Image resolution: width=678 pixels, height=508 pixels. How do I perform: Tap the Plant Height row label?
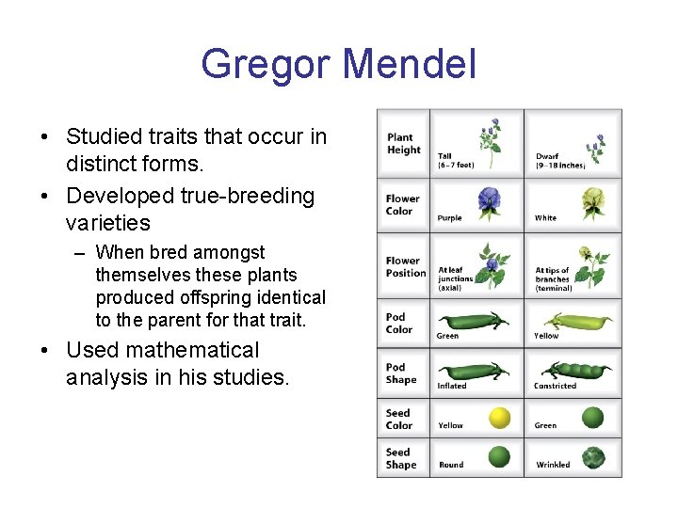pyautogui.click(x=404, y=144)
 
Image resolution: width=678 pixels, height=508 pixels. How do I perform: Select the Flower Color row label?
pyautogui.click(x=402, y=205)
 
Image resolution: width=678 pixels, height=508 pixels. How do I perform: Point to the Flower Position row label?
pyautogui.click(x=405, y=267)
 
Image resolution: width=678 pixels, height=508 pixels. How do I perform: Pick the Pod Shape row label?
pyautogui.click(x=400, y=373)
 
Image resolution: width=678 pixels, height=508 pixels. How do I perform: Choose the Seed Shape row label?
pyautogui.click(x=400, y=458)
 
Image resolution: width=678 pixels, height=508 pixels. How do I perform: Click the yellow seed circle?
pyautogui.click(x=500, y=418)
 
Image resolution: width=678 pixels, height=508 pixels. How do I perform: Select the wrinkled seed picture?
pyautogui.click(x=593, y=457)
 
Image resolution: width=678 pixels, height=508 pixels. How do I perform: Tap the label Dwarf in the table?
pyautogui.click(x=548, y=157)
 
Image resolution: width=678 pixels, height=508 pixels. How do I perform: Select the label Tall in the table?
pyautogui.click(x=444, y=157)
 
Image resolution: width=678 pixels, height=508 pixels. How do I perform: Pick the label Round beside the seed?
pyautogui.click(x=451, y=465)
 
